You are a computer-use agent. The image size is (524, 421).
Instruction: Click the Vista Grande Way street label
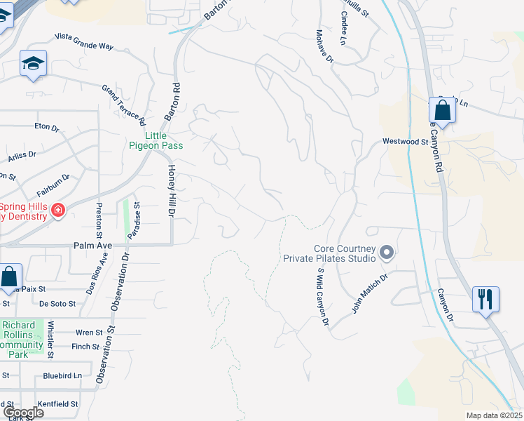(x=83, y=41)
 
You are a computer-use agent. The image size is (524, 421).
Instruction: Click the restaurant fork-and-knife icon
(x=485, y=299)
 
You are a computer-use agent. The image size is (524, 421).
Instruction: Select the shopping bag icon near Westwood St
(x=442, y=110)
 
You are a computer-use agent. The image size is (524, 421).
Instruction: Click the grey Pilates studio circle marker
(x=387, y=253)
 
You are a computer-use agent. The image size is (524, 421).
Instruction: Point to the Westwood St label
(x=405, y=141)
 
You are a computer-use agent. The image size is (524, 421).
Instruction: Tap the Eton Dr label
(x=47, y=127)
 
